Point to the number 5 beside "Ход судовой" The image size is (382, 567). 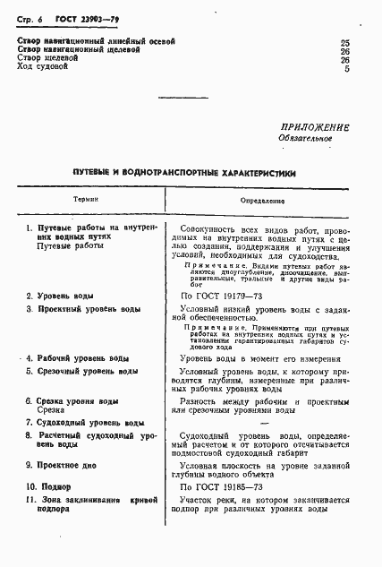click(x=347, y=68)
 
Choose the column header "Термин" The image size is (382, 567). click(x=87, y=202)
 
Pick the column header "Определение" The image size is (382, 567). click(x=262, y=202)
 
